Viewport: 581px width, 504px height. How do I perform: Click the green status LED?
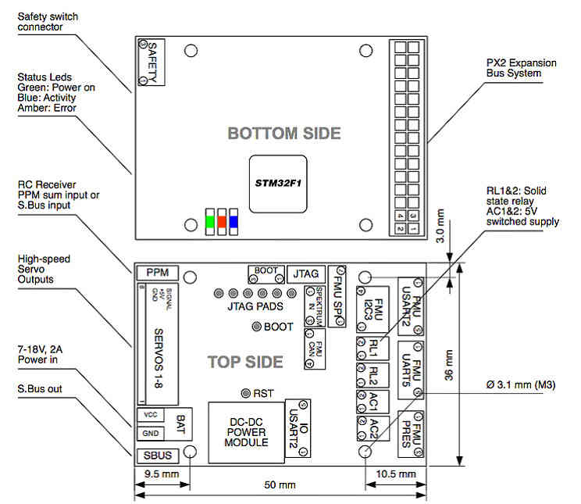pos(209,221)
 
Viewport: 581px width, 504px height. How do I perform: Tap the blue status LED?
pos(233,221)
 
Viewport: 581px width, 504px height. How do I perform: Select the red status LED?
pos(221,221)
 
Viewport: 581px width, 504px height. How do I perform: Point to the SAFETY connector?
pos(151,60)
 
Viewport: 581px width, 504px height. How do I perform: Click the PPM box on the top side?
pos(157,273)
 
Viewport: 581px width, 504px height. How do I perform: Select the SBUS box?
pos(157,455)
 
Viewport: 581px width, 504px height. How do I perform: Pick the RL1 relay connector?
pos(373,345)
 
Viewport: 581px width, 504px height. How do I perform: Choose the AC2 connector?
pos(373,429)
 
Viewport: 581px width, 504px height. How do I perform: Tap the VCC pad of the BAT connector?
pos(151,414)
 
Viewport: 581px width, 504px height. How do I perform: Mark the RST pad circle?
pos(246,392)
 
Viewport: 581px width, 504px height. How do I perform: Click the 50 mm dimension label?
pos(280,485)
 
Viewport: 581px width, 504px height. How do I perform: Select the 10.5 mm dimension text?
pos(397,474)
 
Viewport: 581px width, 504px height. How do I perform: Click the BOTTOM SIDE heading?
pos(284,134)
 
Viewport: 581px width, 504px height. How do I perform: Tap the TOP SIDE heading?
pos(244,362)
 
